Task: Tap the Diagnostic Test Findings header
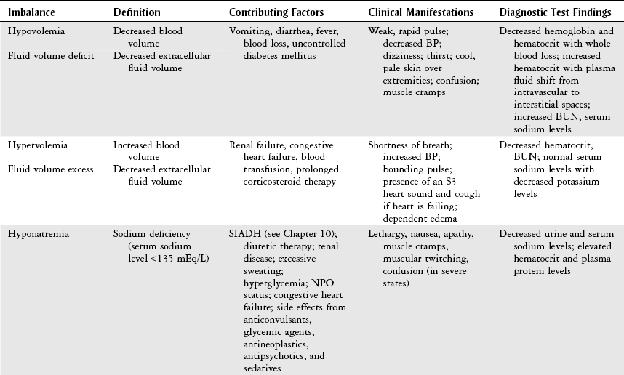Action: coord(556,12)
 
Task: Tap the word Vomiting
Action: coord(249,32)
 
